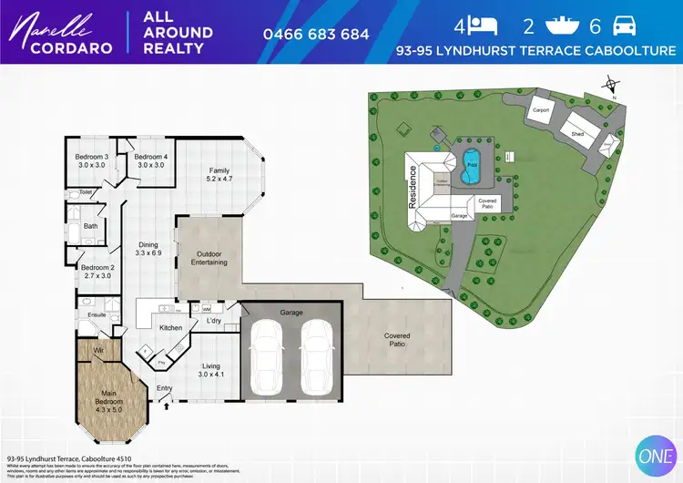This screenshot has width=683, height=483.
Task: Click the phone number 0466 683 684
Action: (316, 34)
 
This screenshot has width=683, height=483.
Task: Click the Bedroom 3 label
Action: (91, 160)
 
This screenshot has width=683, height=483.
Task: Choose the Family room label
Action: (219, 175)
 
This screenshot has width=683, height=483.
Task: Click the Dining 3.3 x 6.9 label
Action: (148, 249)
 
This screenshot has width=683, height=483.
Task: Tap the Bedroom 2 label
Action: (97, 271)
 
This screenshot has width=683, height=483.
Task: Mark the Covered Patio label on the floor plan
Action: (396, 341)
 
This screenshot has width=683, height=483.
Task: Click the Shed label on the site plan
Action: (577, 133)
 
